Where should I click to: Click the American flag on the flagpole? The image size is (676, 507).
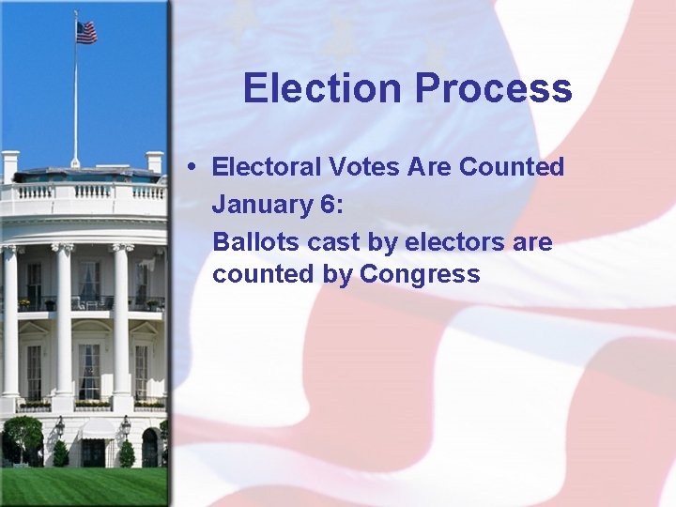coord(86,32)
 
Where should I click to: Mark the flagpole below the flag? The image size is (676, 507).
coord(76,103)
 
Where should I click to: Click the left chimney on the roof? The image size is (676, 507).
coord(10,164)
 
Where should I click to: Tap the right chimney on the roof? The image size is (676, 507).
coord(154,161)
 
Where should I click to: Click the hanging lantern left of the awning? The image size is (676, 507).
coord(59,427)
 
